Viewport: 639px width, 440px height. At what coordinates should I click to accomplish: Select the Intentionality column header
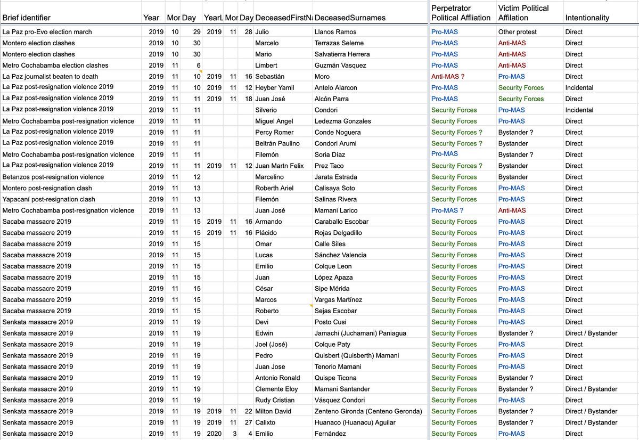click(587, 18)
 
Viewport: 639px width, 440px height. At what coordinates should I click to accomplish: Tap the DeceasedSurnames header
click(350, 18)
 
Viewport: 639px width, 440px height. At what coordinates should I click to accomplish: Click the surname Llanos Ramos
click(335, 32)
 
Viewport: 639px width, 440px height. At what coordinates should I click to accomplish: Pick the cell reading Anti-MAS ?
click(448, 77)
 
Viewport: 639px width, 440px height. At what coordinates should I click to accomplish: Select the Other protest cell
click(517, 32)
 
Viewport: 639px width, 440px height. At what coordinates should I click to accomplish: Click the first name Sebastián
click(270, 77)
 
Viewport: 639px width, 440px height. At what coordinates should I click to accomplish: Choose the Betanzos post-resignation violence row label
click(53, 177)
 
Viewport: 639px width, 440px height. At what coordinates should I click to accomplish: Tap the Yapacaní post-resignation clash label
click(48, 199)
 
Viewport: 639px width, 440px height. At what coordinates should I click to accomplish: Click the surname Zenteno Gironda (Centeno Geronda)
click(368, 411)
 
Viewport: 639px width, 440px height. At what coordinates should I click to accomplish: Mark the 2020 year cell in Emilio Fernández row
click(214, 434)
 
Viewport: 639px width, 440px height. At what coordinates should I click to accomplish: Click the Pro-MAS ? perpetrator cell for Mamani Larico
click(447, 210)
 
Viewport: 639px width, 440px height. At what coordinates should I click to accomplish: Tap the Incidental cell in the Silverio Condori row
click(579, 110)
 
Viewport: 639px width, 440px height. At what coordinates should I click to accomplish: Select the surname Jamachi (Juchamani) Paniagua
click(361, 333)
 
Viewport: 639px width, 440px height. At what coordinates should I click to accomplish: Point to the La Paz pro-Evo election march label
click(47, 32)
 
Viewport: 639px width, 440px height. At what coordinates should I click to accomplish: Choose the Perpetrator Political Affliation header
click(461, 13)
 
